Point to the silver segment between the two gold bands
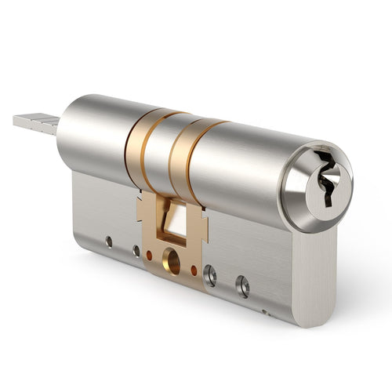click(x=161, y=153)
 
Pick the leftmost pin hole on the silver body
click(x=110, y=241)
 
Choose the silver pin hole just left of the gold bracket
click(x=136, y=251)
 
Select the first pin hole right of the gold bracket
click(x=209, y=275)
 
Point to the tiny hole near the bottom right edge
click(x=266, y=311)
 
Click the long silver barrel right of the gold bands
click(x=243, y=169)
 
